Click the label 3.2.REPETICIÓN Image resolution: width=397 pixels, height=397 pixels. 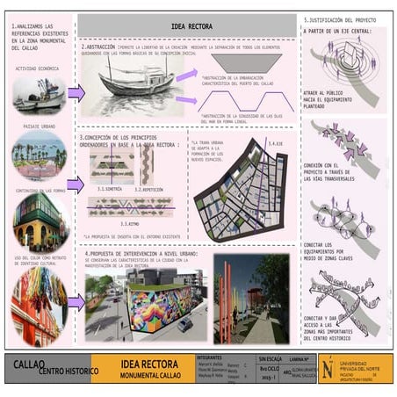(155, 189)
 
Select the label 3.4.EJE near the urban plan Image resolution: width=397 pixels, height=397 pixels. (278, 143)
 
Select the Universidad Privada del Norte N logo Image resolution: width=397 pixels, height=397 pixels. (327, 368)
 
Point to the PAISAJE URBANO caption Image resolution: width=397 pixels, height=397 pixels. (33, 126)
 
